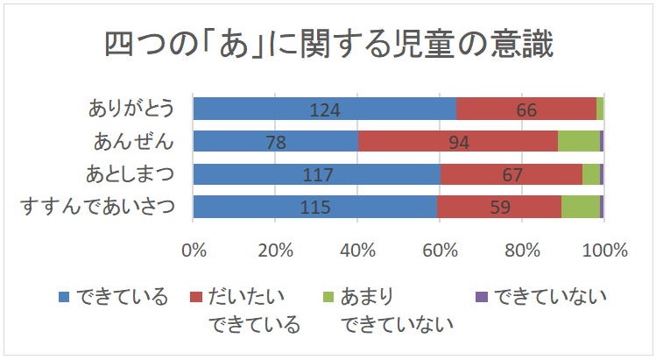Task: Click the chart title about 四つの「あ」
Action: [x=328, y=44]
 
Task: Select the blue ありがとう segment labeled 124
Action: [x=324, y=109]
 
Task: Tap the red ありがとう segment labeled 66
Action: [x=526, y=109]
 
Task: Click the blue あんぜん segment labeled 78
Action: [x=275, y=141]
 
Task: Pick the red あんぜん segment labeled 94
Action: [x=457, y=141]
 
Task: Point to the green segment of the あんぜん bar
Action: [x=578, y=141]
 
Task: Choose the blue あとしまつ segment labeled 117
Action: [x=316, y=173]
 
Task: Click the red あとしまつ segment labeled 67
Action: [x=511, y=173]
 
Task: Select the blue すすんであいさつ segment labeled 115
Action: [x=314, y=207]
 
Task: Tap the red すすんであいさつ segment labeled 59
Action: [x=498, y=207]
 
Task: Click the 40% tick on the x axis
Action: [x=357, y=250]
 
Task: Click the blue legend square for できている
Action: [x=64, y=296]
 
